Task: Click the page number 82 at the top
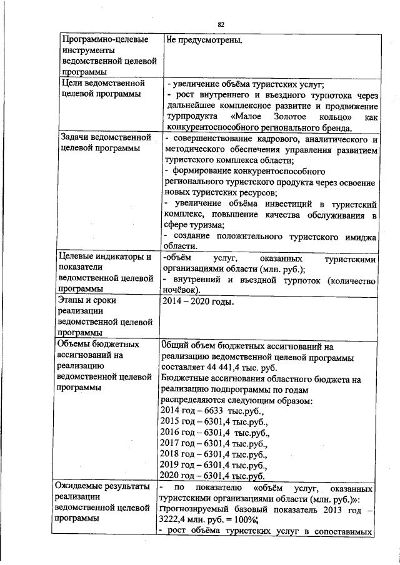(221, 24)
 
